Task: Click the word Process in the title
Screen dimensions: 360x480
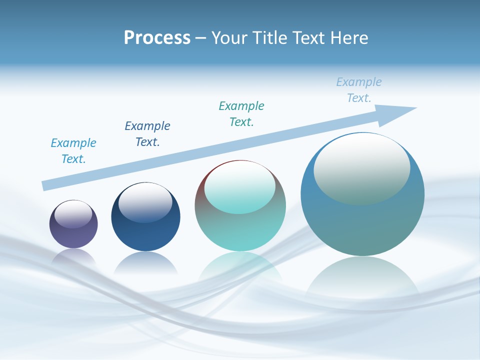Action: [157, 38]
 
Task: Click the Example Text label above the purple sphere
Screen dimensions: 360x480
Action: [73, 151]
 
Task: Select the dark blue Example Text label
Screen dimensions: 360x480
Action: [147, 134]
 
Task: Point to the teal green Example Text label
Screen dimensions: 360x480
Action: [241, 114]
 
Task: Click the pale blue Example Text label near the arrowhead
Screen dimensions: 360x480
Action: [359, 90]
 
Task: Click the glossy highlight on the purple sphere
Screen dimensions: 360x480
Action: [73, 214]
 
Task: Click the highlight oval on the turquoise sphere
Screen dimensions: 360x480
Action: [239, 188]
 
